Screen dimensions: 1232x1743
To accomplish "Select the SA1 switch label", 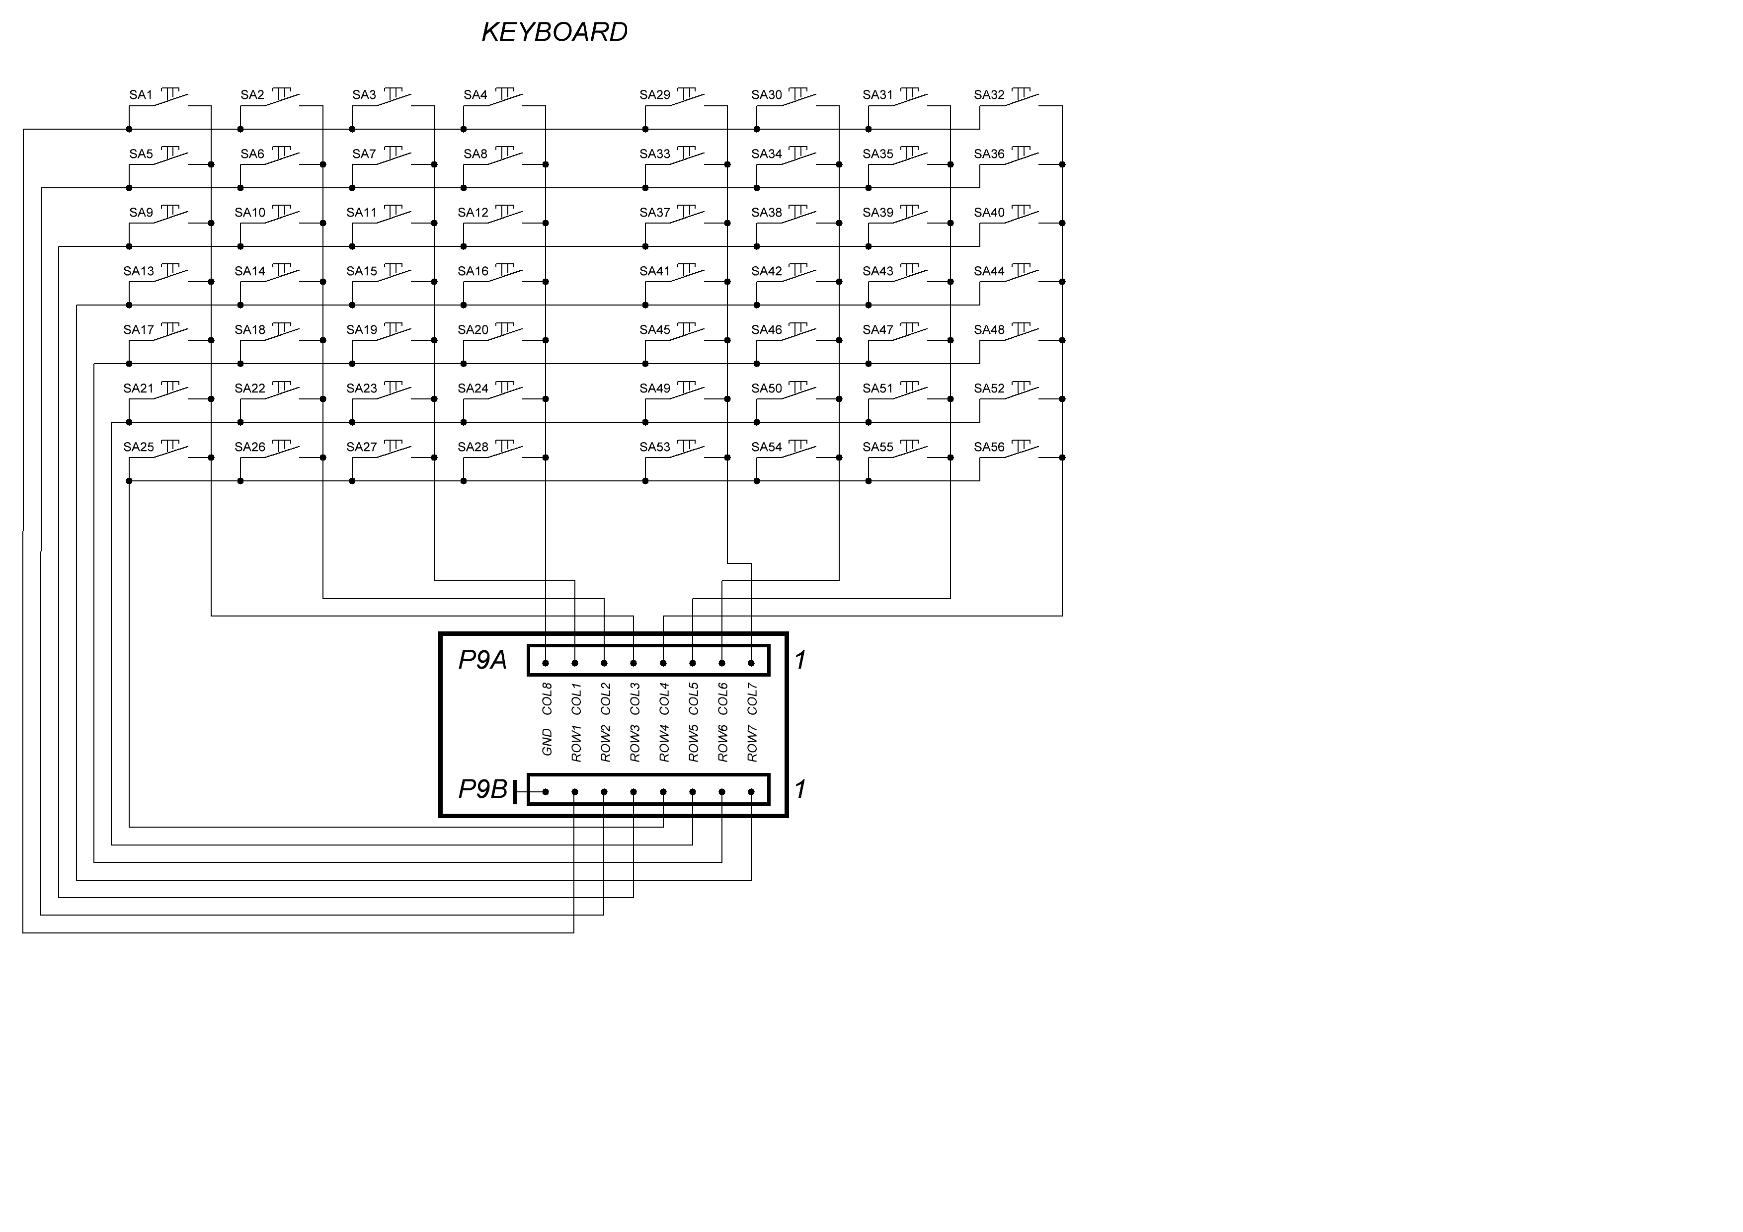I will pyautogui.click(x=141, y=95).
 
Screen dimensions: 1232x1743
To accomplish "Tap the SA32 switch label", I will pyautogui.click(x=989, y=95).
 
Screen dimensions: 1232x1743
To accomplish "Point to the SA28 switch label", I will pyautogui.click(x=473, y=447).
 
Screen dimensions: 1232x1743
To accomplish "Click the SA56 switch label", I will pyautogui.click(x=989, y=447).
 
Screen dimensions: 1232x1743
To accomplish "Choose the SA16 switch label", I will pyautogui.click(x=473, y=271).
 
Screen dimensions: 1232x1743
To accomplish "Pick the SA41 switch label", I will pyautogui.click(x=654, y=271).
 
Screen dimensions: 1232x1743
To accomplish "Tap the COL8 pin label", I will pyautogui.click(x=547, y=699).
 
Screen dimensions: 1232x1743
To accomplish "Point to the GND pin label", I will pyautogui.click(x=547, y=742).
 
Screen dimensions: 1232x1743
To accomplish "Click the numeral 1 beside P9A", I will pyautogui.click(x=800, y=660).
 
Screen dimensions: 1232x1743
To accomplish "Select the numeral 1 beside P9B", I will pyautogui.click(x=800, y=789).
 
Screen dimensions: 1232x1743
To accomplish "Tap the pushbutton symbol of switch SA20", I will pyautogui.click(x=505, y=332).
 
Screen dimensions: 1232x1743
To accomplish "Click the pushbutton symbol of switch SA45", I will pyautogui.click(x=687, y=332).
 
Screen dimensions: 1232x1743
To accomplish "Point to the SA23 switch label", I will pyautogui.click(x=361, y=388).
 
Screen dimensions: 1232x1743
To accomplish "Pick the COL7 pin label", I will pyautogui.click(x=752, y=699).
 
